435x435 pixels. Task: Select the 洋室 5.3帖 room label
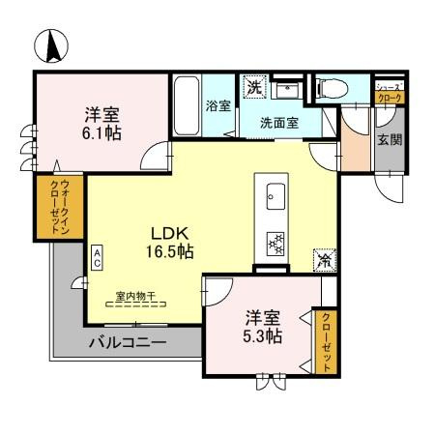263,327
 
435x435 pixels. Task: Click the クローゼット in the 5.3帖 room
327,340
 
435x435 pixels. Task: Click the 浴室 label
217,106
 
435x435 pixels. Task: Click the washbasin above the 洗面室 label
287,92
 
